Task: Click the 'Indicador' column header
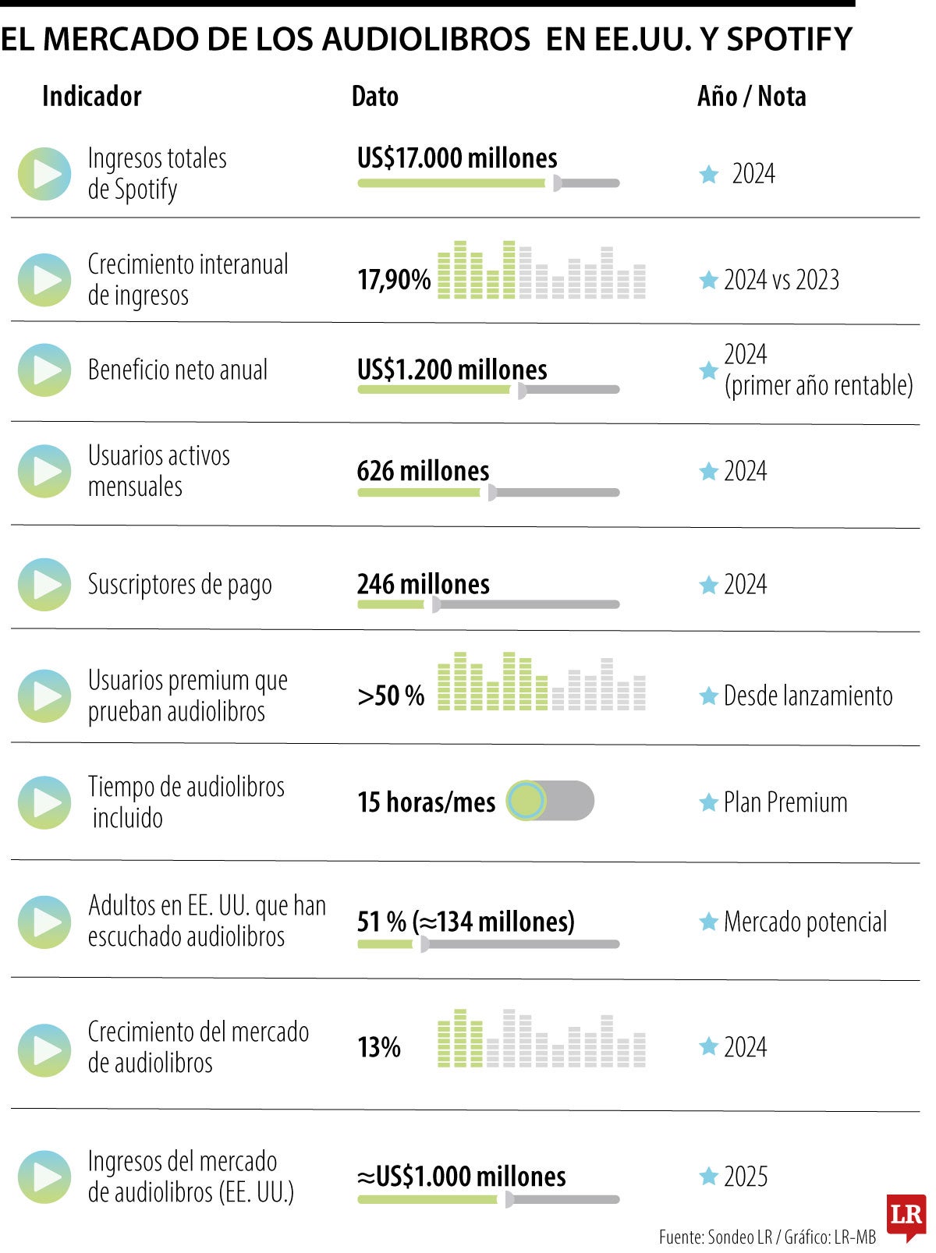[91, 97]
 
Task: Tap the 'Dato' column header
[374, 97]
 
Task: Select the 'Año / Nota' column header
[751, 97]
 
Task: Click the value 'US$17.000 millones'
[457, 158]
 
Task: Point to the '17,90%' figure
[394, 280]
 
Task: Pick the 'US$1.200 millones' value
[452, 370]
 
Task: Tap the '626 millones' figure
[423, 471]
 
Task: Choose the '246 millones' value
[423, 584]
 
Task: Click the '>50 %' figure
[391, 696]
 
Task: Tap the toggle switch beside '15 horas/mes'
[549, 801]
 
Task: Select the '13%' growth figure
[379, 1047]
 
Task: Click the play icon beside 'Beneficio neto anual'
[44, 370]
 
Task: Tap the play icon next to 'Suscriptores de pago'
[44, 585]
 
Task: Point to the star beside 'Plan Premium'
[708, 802]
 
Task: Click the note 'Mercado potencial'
[805, 922]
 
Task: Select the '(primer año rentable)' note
[818, 385]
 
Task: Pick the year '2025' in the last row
[746, 1177]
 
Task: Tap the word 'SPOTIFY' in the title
[789, 39]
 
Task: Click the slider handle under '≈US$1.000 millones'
[509, 1199]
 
